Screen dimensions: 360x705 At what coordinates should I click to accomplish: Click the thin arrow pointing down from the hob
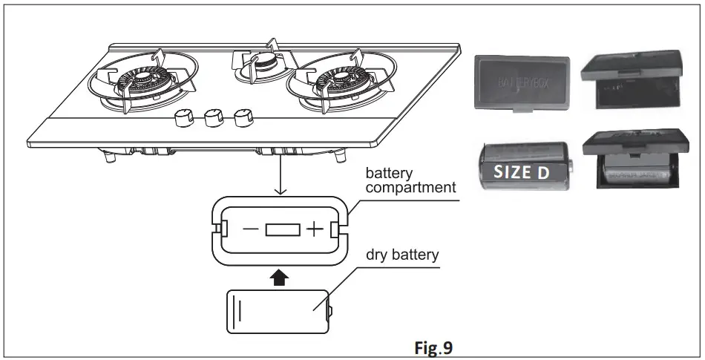(x=279, y=178)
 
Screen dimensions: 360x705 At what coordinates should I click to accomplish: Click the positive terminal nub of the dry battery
(x=332, y=312)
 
